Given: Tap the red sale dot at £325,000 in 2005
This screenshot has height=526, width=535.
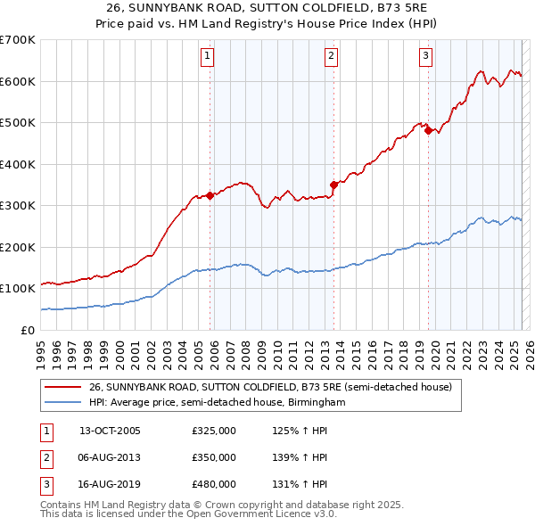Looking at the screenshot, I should click(210, 195).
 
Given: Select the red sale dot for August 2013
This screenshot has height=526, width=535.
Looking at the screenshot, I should click(333, 185).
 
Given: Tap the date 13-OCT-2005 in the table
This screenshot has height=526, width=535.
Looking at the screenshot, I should click(110, 431).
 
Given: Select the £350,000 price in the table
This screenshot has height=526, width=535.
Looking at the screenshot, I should click(214, 457).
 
